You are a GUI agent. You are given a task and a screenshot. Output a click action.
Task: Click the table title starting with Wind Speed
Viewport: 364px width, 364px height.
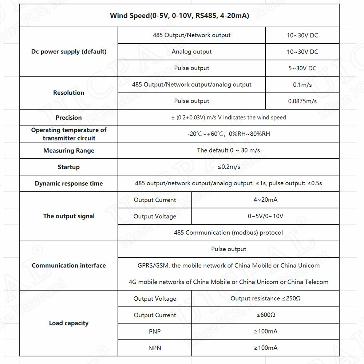pyautogui.click(x=179, y=16)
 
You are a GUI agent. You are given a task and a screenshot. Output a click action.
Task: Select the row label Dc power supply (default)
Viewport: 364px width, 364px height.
pyautogui.click(x=69, y=52)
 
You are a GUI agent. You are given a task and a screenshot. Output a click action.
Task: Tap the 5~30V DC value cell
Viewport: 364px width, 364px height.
pyautogui.click(x=302, y=68)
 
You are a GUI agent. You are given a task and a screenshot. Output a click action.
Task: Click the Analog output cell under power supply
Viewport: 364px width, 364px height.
pyautogui.click(x=191, y=52)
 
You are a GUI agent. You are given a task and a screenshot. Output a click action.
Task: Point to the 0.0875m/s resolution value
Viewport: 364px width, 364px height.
pyautogui.click(x=302, y=101)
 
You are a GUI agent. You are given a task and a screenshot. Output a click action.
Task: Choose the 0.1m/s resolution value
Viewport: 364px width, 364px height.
pyautogui.click(x=302, y=85)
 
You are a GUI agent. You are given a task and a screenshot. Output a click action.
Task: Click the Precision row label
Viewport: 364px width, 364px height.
pyautogui.click(x=69, y=118)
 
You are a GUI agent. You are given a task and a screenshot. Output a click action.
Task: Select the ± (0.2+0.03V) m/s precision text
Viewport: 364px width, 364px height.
pyautogui.click(x=229, y=118)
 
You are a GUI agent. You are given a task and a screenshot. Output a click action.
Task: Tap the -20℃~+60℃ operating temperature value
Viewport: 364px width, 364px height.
pyautogui.click(x=229, y=134)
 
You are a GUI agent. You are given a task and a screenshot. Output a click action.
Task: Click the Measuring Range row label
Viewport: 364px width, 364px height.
pyautogui.click(x=69, y=151)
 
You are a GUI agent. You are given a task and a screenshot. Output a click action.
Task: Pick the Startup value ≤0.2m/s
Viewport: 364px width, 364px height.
pyautogui.click(x=229, y=167)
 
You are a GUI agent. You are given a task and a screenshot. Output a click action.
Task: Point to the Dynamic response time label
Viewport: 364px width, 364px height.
pyautogui.click(x=69, y=183)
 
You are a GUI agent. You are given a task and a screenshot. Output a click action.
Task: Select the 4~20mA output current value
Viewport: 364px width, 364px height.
pyautogui.click(x=265, y=200)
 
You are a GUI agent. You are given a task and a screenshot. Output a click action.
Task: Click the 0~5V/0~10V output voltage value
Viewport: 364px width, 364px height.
pyautogui.click(x=265, y=216)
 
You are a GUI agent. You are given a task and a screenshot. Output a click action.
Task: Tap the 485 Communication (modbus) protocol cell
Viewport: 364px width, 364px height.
pyautogui.click(x=229, y=233)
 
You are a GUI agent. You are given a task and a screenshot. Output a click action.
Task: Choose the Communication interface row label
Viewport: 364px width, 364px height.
pyautogui.click(x=69, y=265)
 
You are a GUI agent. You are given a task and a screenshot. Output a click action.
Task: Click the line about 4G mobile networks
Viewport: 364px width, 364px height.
pyautogui.click(x=229, y=282)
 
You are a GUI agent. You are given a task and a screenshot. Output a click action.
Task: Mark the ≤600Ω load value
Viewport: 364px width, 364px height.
pyautogui.click(x=265, y=315)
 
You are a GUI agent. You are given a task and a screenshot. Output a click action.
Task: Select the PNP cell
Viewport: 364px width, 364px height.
pyautogui.click(x=155, y=332)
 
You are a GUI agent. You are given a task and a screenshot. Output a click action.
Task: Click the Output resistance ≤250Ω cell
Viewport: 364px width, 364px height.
pyautogui.click(x=265, y=298)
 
